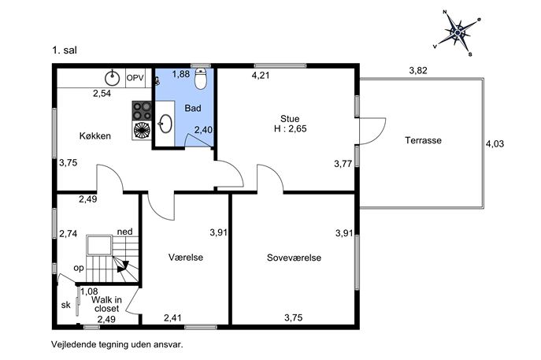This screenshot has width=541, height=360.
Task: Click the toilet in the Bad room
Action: pos(201,79)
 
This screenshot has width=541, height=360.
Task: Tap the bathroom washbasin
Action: pos(165,123)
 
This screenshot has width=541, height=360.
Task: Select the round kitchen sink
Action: pos(112,78)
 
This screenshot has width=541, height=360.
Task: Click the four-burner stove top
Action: pos(142,110)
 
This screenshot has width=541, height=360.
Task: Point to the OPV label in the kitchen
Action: pos(135,78)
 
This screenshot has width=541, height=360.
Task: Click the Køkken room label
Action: pos(95,135)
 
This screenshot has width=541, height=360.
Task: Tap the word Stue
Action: pos(290,119)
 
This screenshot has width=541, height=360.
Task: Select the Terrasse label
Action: pos(424,140)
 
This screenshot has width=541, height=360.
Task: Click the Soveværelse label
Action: pos(294,258)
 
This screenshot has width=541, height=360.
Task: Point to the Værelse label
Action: pos(186,257)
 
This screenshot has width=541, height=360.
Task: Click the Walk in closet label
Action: pos(106,304)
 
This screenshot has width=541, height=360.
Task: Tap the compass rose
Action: pos(458,33)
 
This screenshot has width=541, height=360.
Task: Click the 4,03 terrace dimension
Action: pos(495,143)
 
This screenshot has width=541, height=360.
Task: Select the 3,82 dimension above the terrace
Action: pos(418,70)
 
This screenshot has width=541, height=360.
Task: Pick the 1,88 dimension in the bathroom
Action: pos(181,74)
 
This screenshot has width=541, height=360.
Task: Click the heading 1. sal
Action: pos(65,50)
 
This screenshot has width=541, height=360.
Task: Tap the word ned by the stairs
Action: pos(125,232)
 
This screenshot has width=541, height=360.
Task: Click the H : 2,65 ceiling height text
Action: pos(290,128)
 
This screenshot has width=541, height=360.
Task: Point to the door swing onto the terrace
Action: pos(372,131)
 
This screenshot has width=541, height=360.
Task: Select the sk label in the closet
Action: pos(66,305)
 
